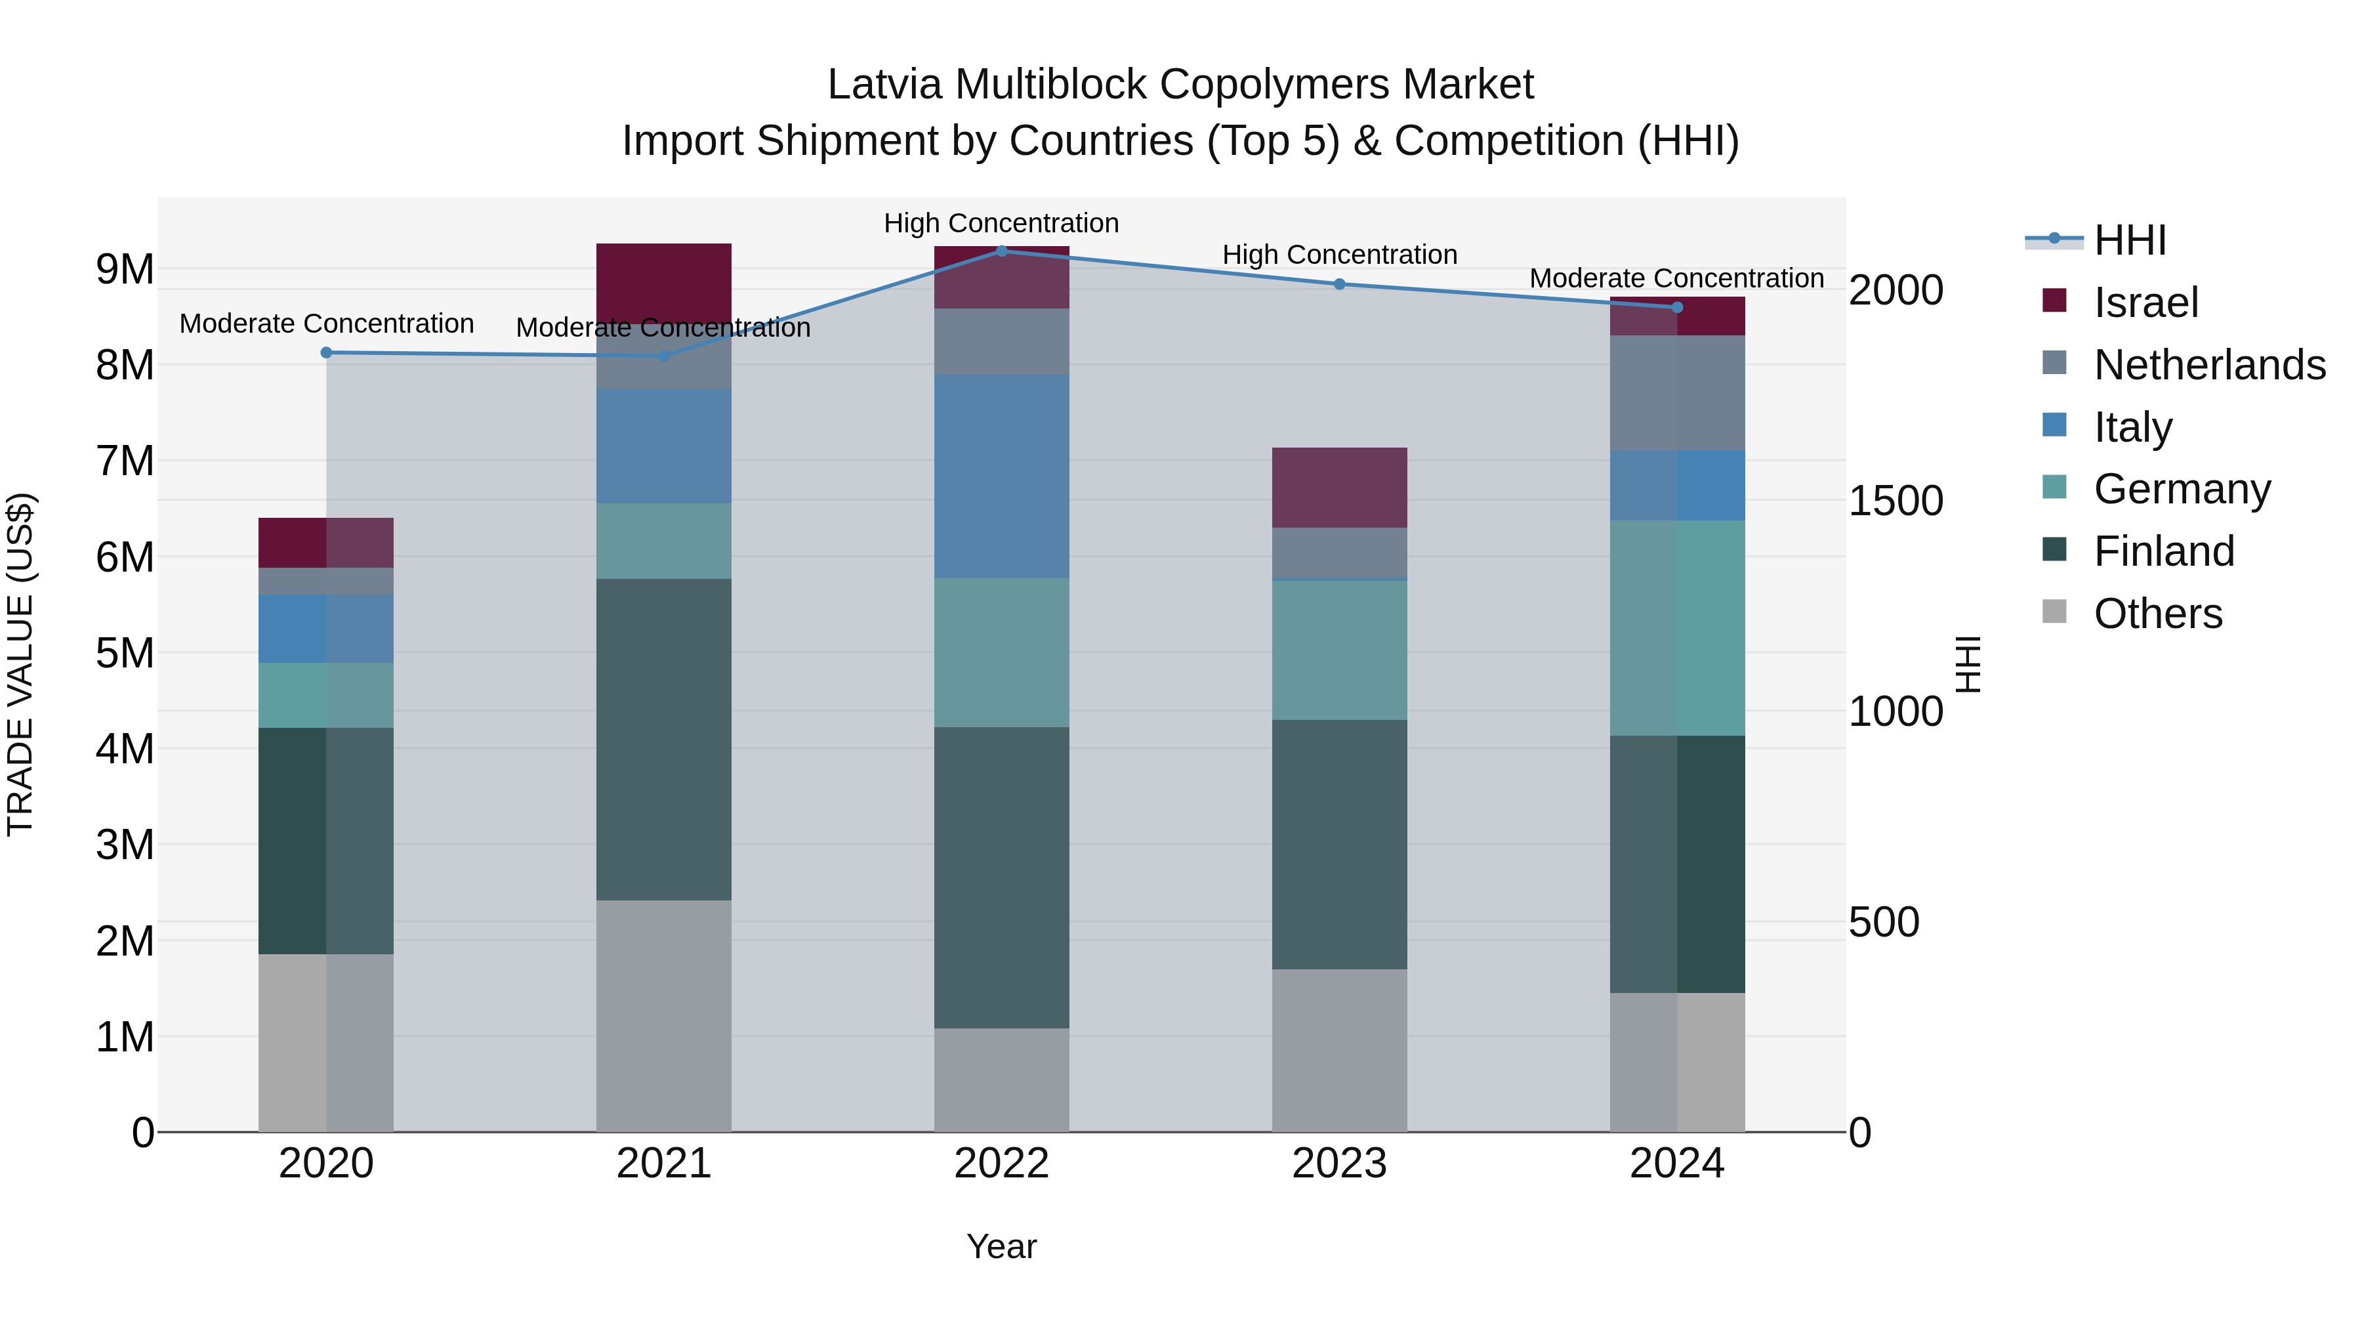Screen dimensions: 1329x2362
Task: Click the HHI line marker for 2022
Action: (x=1001, y=251)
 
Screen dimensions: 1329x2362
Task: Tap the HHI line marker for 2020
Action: (x=327, y=352)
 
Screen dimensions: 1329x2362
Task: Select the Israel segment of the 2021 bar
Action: (x=664, y=282)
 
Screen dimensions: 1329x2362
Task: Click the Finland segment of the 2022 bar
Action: (x=1001, y=877)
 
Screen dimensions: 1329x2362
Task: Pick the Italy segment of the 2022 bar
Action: (x=1001, y=476)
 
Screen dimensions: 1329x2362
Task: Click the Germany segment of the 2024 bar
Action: (x=1677, y=627)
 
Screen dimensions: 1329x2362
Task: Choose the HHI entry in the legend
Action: (x=2130, y=240)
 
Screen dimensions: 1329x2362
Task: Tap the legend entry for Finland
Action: (x=2164, y=551)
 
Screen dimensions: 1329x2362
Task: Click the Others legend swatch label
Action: (x=2157, y=614)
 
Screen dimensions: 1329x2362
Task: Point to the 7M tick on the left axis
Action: (x=125, y=461)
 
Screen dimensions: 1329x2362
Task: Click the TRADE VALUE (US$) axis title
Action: (x=20, y=664)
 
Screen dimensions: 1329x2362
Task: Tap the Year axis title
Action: (x=1001, y=1246)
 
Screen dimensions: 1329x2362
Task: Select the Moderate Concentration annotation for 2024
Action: (x=1676, y=278)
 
